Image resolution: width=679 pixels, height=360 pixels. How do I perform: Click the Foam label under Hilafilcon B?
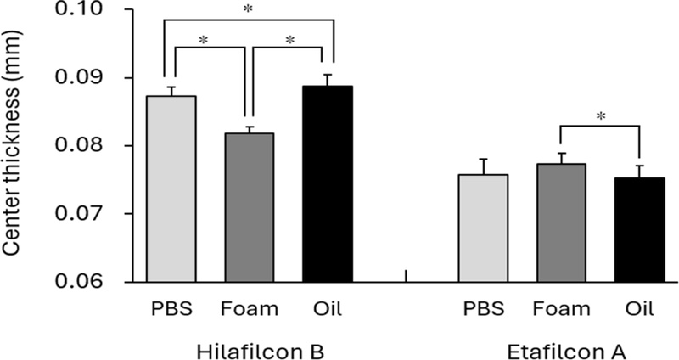click(x=250, y=308)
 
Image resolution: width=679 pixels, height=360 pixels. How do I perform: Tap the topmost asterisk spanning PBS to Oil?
click(x=248, y=9)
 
